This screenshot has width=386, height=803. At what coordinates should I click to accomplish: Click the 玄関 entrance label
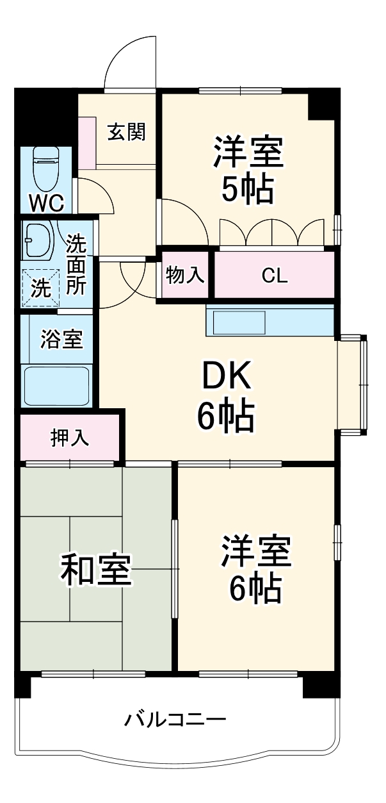coord(126,132)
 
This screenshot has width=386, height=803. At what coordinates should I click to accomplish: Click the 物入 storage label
coord(185,276)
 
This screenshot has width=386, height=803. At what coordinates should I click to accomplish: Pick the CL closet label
coord(275,276)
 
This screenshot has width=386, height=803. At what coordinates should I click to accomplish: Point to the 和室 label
coord(96,570)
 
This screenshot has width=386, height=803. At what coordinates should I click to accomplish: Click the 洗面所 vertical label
coord(76,265)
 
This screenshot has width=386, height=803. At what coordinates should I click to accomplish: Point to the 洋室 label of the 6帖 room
coord(256,552)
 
